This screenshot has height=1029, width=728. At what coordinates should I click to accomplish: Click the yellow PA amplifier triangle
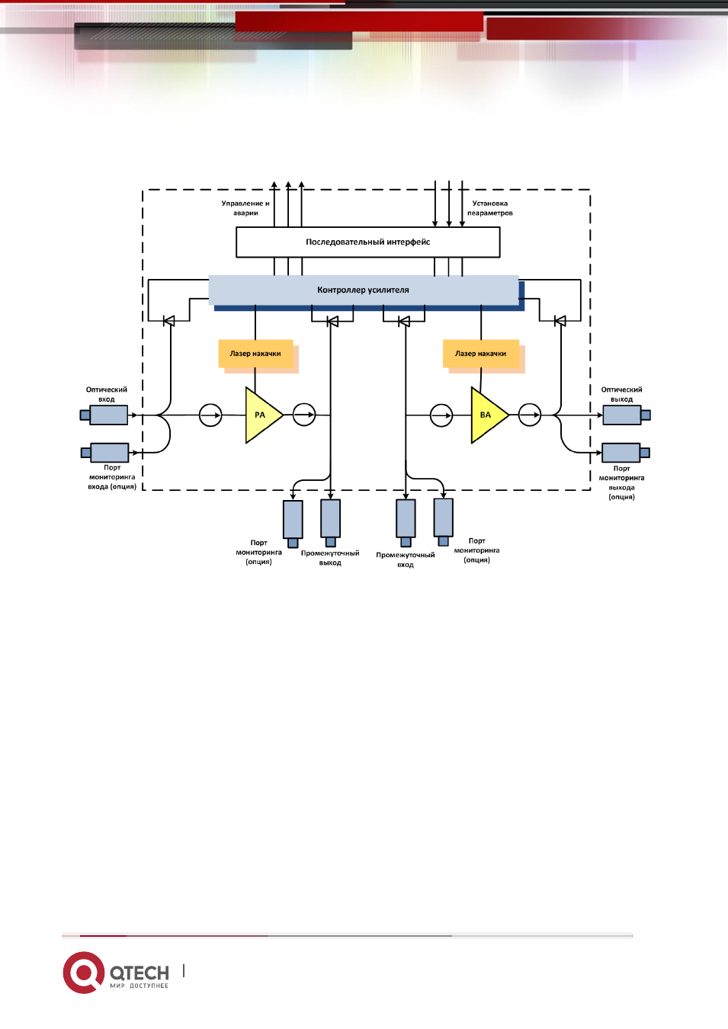click(261, 415)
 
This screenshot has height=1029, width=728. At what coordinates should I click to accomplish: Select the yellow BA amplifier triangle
click(487, 415)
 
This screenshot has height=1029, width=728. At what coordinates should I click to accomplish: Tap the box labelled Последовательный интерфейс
click(368, 242)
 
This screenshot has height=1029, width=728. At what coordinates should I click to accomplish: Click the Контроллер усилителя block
click(364, 290)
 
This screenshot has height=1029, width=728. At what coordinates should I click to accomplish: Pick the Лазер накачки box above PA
click(255, 354)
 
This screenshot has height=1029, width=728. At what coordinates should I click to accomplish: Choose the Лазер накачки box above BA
click(481, 354)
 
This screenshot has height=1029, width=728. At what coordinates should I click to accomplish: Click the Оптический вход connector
click(104, 415)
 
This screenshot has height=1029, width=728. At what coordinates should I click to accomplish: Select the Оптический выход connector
click(627, 415)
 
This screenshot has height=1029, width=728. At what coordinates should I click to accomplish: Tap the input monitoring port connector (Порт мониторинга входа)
click(104, 453)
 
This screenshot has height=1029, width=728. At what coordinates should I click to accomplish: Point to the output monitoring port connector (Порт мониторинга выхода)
click(626, 453)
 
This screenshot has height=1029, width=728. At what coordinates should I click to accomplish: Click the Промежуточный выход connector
click(330, 524)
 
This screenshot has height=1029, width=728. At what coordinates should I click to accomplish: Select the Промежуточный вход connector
click(406, 524)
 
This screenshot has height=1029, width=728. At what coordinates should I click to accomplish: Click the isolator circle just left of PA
click(210, 415)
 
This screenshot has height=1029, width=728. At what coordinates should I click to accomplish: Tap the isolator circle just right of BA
click(530, 415)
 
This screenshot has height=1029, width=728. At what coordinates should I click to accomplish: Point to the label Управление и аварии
click(245, 208)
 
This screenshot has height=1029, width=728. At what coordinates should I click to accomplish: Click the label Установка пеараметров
click(490, 208)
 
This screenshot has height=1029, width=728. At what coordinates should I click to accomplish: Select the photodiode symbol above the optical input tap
click(169, 321)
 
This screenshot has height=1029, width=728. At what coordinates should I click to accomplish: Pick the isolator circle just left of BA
click(441, 415)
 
